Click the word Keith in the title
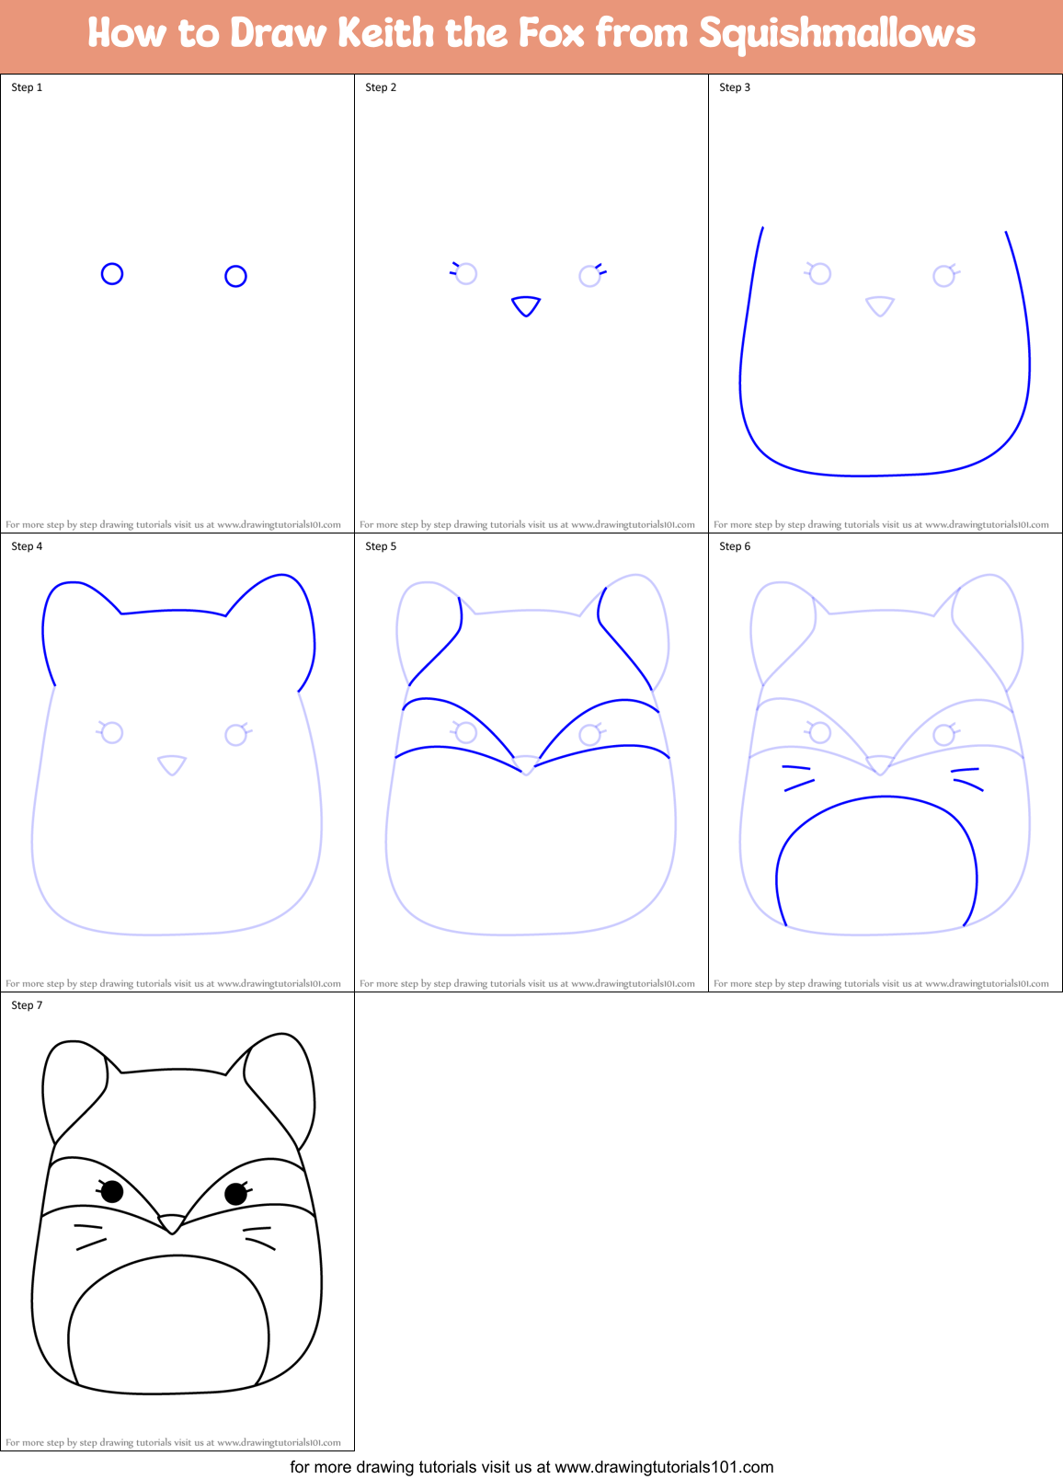[x=386, y=33]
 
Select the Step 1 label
[x=27, y=87]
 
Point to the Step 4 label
[x=27, y=546]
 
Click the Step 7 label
[x=27, y=1005]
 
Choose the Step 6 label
[x=735, y=546]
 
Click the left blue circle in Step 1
[x=112, y=274]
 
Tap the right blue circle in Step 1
[x=235, y=276]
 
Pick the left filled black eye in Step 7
[x=112, y=1192]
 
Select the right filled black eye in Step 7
[x=235, y=1194]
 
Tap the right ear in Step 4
[x=280, y=616]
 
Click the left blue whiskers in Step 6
[x=797, y=777]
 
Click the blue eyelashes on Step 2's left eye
[x=453, y=268]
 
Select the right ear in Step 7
[x=280, y=1076]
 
